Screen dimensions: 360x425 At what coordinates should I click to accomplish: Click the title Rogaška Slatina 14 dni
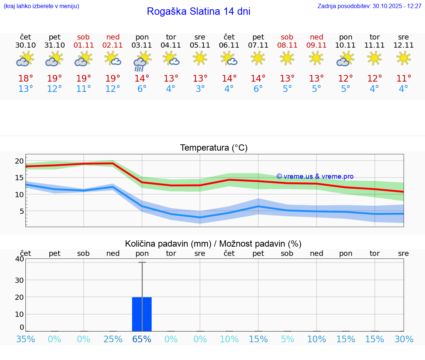pos(198,11)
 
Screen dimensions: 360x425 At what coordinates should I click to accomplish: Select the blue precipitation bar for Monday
pos(142,314)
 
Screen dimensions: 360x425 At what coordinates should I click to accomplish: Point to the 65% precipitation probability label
pos(142,339)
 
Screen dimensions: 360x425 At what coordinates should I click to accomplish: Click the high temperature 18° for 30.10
pos(25,79)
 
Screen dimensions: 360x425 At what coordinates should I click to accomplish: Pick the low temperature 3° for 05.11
pos(200,89)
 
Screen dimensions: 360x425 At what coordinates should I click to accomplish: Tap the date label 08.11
pos(287,45)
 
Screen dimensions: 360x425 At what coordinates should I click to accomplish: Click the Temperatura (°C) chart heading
pos(214,148)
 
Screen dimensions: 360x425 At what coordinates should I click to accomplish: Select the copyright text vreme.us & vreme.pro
pos(315,176)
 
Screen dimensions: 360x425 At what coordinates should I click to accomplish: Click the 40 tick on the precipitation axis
pos(19,259)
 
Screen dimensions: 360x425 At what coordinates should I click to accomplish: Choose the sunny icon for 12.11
pos(403,58)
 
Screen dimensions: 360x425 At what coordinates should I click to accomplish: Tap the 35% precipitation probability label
pos(25,339)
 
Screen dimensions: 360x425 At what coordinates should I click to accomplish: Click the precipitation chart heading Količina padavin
pos(213,244)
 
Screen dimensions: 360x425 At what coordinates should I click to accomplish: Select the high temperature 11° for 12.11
pos(403,79)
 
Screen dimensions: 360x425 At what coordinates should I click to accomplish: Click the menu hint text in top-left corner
pos(41,6)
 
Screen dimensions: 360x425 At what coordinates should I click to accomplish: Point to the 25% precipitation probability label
pos(113,339)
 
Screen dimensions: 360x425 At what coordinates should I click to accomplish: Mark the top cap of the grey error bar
pos(142,262)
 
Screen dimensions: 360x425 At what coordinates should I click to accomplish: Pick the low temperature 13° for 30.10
pos(25,89)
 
